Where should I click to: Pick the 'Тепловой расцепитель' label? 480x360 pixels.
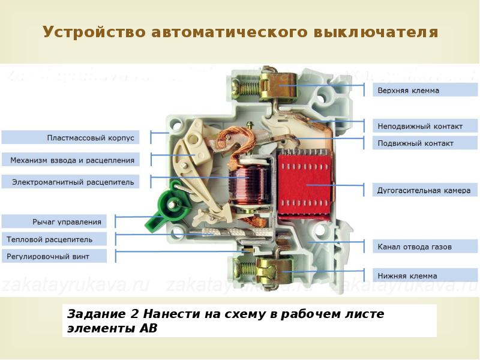(x=55, y=239)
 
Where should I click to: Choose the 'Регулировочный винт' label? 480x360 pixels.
(x=55, y=256)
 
